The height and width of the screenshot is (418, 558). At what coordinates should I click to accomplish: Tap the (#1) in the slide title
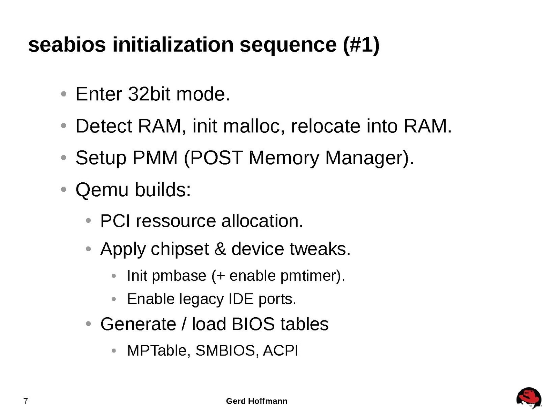361,45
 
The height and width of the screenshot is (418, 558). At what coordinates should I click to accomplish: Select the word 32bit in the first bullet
149,94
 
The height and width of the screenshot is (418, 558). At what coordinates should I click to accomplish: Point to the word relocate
325,126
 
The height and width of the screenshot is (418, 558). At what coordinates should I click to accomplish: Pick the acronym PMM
155,158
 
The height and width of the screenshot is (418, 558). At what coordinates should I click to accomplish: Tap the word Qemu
102,190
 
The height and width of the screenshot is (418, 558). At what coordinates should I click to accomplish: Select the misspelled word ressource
176,221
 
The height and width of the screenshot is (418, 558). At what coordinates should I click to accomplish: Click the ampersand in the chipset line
220,249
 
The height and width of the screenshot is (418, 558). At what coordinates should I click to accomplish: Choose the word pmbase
179,276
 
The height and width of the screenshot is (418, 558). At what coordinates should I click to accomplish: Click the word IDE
241,299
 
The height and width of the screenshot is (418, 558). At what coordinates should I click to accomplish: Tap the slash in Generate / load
184,324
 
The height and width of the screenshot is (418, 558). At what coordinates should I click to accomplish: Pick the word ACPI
281,350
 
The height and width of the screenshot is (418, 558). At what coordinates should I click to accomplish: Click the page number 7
25,401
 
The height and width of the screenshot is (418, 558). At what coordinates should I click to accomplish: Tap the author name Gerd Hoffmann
257,401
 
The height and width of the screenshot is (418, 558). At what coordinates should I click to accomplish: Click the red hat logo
529,398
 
